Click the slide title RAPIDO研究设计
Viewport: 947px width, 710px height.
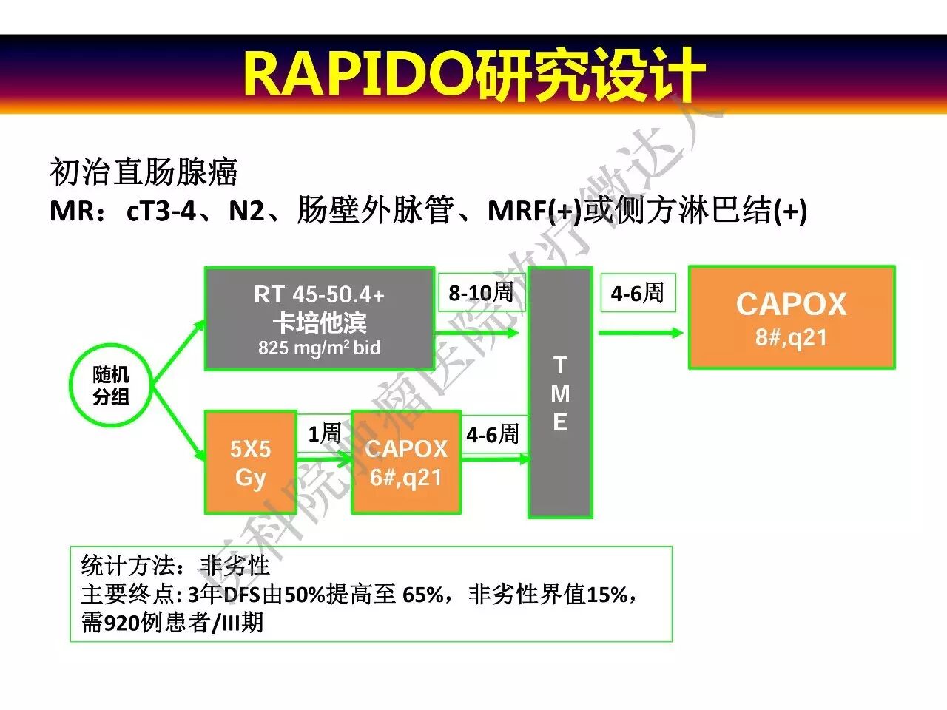pos(473,74)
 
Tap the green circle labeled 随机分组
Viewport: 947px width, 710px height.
pos(111,385)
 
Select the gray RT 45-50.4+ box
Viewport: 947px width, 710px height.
pos(319,319)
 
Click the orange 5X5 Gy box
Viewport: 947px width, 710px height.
pos(250,463)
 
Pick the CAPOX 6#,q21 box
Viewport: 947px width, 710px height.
pos(406,463)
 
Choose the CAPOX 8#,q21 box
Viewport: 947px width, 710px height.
pos(792,318)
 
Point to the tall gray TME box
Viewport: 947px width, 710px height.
pos(560,393)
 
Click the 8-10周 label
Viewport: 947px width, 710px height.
pos(481,293)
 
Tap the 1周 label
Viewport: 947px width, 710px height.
pos(324,433)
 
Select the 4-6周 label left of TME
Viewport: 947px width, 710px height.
pos(493,435)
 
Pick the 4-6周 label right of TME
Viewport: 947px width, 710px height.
pos(637,293)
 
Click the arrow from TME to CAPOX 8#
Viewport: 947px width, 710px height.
pos(640,333)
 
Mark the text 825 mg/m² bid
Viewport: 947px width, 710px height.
pos(319,348)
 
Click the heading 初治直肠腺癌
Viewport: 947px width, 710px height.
pos(144,172)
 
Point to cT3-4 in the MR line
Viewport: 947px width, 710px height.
pos(161,212)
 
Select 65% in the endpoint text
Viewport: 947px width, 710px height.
pos(423,594)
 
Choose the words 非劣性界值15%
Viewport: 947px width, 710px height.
pos(548,594)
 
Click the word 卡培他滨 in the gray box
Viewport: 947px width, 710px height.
pos(319,322)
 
